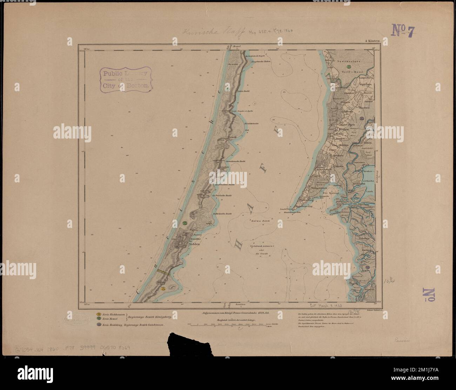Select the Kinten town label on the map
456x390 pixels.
[x=344, y=130]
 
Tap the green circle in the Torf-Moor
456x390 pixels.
[x=349, y=67]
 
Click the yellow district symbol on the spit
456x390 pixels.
[x=163, y=289]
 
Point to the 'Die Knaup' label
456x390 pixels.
[x=330, y=193]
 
